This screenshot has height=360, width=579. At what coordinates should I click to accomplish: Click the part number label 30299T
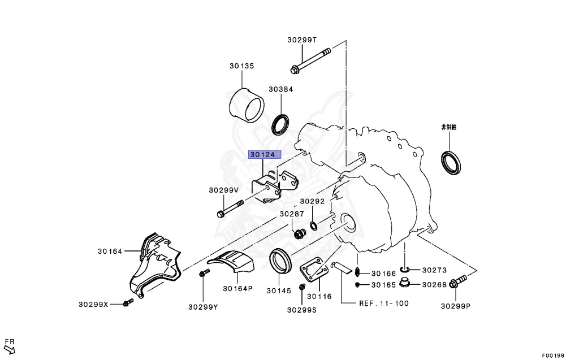point(301,40)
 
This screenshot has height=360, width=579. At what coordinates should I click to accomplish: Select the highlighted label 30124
point(265,154)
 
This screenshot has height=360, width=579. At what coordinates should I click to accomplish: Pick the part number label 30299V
point(223,190)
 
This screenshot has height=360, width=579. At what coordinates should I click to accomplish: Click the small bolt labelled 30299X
point(126,304)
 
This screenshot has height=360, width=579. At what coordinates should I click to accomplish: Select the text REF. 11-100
point(383,303)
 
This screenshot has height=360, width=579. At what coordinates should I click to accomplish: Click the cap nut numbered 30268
point(405,283)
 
